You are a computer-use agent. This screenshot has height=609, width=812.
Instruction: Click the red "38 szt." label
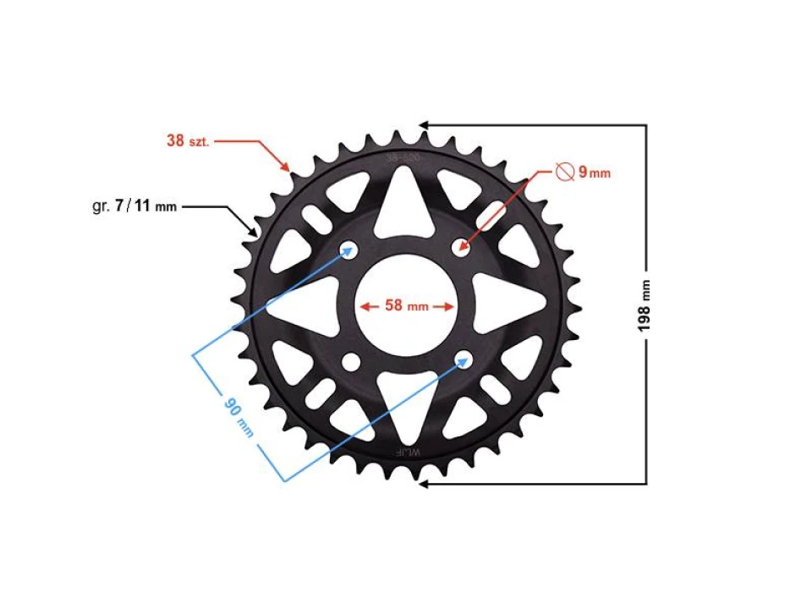coord(188,140)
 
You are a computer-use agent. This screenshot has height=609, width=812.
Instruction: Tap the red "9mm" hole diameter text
coord(594,173)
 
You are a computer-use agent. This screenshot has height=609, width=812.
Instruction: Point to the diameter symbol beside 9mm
coord(566,172)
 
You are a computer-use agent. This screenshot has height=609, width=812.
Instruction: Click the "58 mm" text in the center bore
coord(407,306)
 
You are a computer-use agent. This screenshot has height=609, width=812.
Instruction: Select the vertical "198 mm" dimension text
coord(646,305)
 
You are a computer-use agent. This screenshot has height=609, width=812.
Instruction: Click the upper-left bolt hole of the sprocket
coord(348,249)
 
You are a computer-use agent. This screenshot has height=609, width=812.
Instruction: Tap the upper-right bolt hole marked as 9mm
coord(462,247)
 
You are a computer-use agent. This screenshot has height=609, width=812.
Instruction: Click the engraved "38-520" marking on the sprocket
coord(403,157)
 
